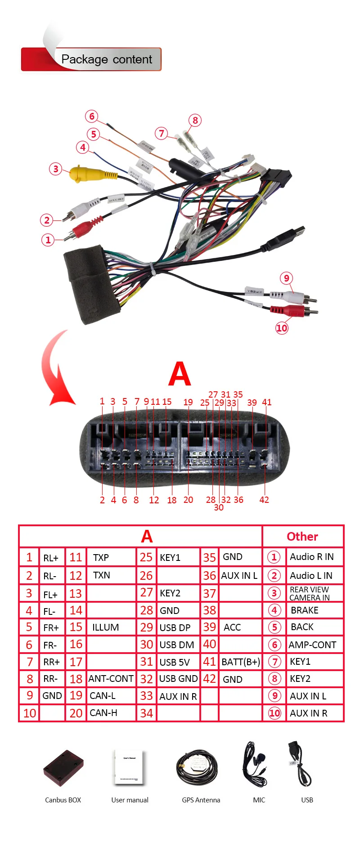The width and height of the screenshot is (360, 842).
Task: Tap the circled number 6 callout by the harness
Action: tap(92, 116)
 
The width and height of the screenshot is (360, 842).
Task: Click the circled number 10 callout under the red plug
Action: tap(282, 328)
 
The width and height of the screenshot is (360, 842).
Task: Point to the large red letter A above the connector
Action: tap(180, 374)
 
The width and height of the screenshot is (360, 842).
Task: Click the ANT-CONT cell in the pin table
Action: tap(111, 679)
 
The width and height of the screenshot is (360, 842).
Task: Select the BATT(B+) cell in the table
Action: tap(241, 662)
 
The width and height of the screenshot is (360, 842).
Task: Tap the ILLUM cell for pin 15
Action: tap(106, 627)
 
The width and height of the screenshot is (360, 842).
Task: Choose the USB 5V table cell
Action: tap(175, 662)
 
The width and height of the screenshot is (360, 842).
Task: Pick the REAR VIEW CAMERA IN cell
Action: tap(310, 593)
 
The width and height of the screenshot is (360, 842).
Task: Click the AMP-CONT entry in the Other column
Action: tap(312, 645)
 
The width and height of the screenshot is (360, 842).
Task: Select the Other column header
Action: tap(302, 537)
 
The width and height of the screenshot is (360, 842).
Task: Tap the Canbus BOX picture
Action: tap(63, 768)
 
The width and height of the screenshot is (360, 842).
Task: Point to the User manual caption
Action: tap(130, 800)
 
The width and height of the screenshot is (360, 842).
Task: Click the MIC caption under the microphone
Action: tap(259, 800)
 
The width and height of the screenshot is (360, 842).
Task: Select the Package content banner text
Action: tap(107, 59)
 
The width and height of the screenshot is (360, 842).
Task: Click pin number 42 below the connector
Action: tap(264, 500)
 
